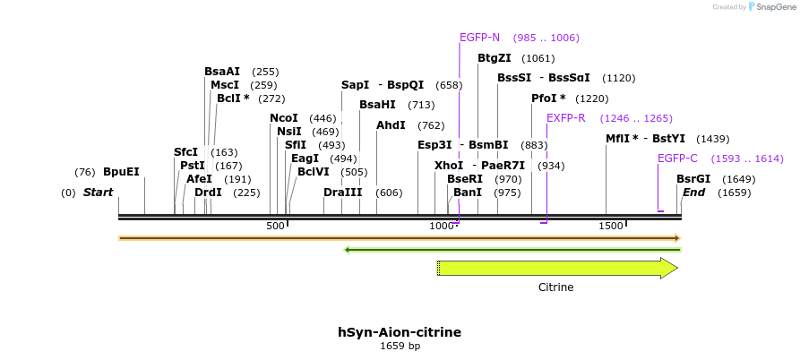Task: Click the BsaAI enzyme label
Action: pyautogui.click(x=222, y=72)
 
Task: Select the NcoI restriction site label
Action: pyautogui.click(x=284, y=118)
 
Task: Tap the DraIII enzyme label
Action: pyautogui.click(x=343, y=193)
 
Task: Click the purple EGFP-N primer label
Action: pyautogui.click(x=479, y=38)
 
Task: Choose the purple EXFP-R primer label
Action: pyautogui.click(x=565, y=118)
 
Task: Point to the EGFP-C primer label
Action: pyautogui.click(x=677, y=159)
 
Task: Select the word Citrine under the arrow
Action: pyautogui.click(x=555, y=287)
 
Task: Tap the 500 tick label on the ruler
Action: pyautogui.click(x=275, y=226)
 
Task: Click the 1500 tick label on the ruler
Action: pyautogui.click(x=611, y=226)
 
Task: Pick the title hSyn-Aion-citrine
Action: pyautogui.click(x=400, y=332)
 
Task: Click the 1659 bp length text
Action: pyautogui.click(x=400, y=346)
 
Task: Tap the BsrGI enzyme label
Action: pyautogui.click(x=693, y=179)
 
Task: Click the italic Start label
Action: pyautogui.click(x=98, y=193)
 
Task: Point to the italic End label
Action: pyautogui.click(x=693, y=193)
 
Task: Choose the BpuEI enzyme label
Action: pyautogui.click(x=121, y=172)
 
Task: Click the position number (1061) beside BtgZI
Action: pyautogui.click(x=538, y=58)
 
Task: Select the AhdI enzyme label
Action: pyautogui.click(x=391, y=125)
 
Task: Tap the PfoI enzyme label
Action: pyautogui.click(x=548, y=99)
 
